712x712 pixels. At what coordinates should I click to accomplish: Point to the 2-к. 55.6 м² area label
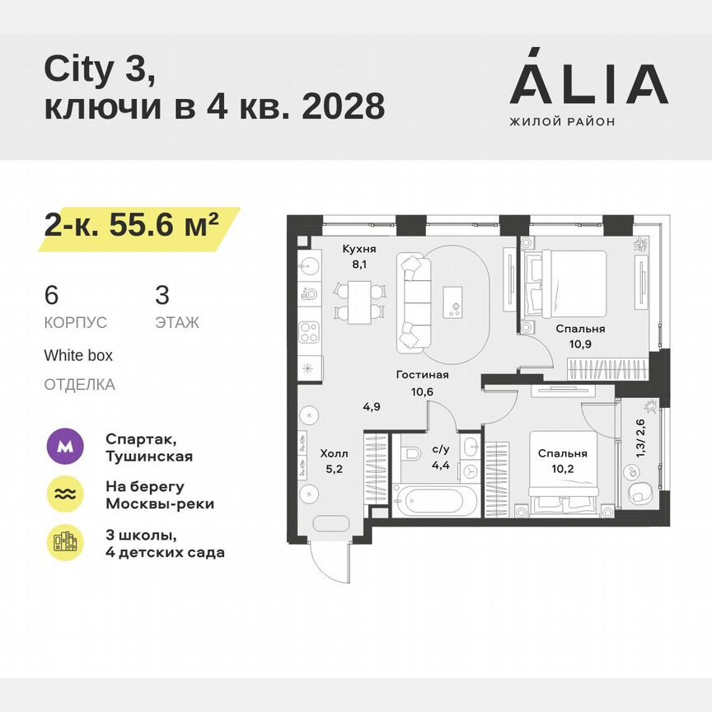click(x=132, y=224)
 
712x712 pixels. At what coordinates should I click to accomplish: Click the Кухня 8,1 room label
click(x=359, y=256)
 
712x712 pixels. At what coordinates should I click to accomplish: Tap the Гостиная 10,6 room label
click(x=422, y=382)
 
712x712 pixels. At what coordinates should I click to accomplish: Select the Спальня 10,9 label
click(x=575, y=335)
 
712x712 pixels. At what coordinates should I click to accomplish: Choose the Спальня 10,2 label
click(x=563, y=460)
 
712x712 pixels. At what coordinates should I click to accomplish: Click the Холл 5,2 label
click(x=334, y=461)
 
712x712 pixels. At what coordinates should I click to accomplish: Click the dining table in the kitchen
click(x=359, y=301)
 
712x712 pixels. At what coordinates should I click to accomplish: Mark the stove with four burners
click(x=309, y=332)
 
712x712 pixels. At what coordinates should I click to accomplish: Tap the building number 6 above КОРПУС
click(x=51, y=294)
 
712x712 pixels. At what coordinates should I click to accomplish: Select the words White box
click(x=78, y=356)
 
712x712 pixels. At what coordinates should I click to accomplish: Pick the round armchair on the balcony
click(x=641, y=494)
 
